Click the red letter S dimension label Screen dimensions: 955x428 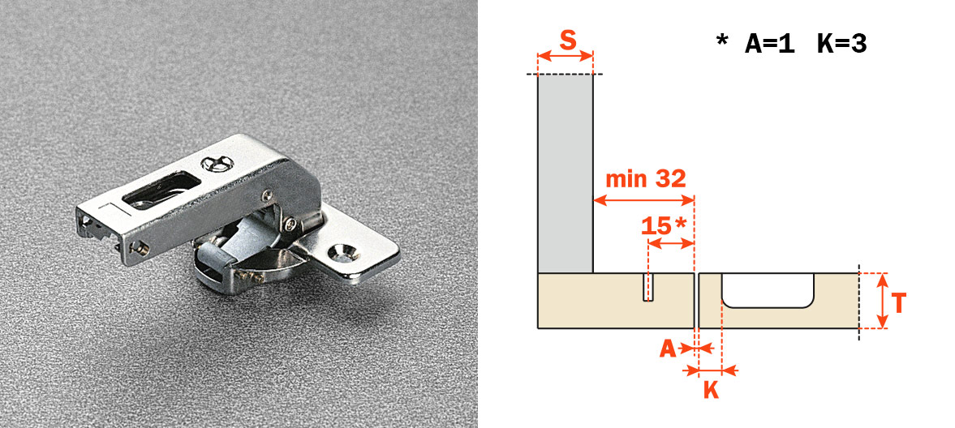568,41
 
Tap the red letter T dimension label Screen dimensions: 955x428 898,302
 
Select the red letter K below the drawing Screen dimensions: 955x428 711,390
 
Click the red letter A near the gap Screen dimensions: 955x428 668,349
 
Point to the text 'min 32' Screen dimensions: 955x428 645,179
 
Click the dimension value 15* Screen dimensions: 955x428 664,226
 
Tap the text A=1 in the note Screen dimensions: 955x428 770,44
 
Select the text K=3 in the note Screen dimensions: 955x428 841,44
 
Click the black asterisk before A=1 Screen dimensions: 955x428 722,41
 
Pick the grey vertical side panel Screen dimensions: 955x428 566,173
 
